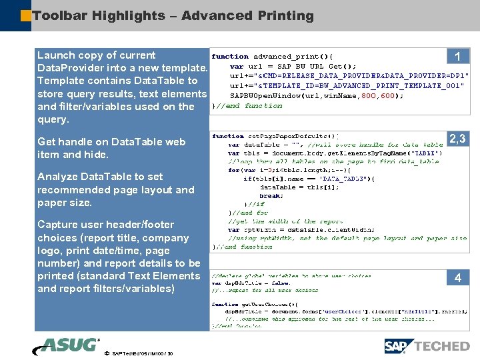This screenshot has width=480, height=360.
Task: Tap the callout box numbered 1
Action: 457,57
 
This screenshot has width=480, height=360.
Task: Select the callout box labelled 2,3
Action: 457,139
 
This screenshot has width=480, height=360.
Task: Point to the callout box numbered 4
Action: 457,278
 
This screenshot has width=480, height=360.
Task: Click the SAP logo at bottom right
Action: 399,346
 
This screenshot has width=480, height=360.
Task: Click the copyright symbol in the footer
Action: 107,353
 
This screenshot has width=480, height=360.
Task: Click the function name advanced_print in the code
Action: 285,56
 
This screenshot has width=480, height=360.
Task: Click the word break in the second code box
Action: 271,196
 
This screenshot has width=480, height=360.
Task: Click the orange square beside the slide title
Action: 25,15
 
